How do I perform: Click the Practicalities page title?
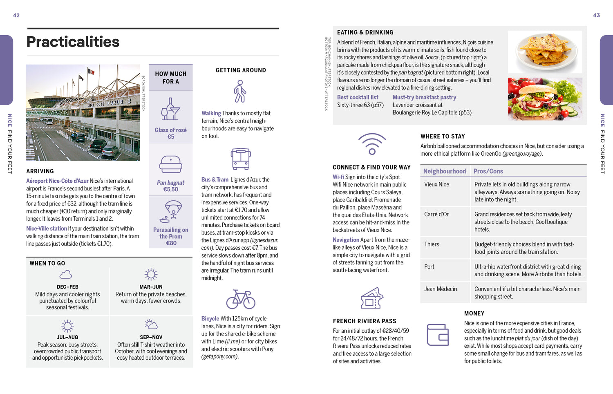click(73, 42)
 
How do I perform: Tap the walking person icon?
click(240, 91)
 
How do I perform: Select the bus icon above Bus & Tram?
click(241, 159)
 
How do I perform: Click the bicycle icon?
click(241, 299)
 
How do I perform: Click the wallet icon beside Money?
click(438, 334)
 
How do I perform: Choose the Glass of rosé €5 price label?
click(170, 133)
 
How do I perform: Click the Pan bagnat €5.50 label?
click(170, 186)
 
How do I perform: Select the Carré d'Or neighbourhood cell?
click(436, 214)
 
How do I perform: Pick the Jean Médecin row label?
click(441, 289)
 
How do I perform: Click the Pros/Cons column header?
click(488, 171)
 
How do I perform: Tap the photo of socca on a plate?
click(545, 51)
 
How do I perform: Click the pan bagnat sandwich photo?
click(545, 98)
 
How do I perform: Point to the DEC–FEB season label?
click(67, 287)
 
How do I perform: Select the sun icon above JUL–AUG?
click(67, 326)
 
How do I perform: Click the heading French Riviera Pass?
click(365, 321)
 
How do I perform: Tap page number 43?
click(596, 16)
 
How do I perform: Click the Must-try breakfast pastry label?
click(424, 97)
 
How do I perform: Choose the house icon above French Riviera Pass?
click(371, 298)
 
